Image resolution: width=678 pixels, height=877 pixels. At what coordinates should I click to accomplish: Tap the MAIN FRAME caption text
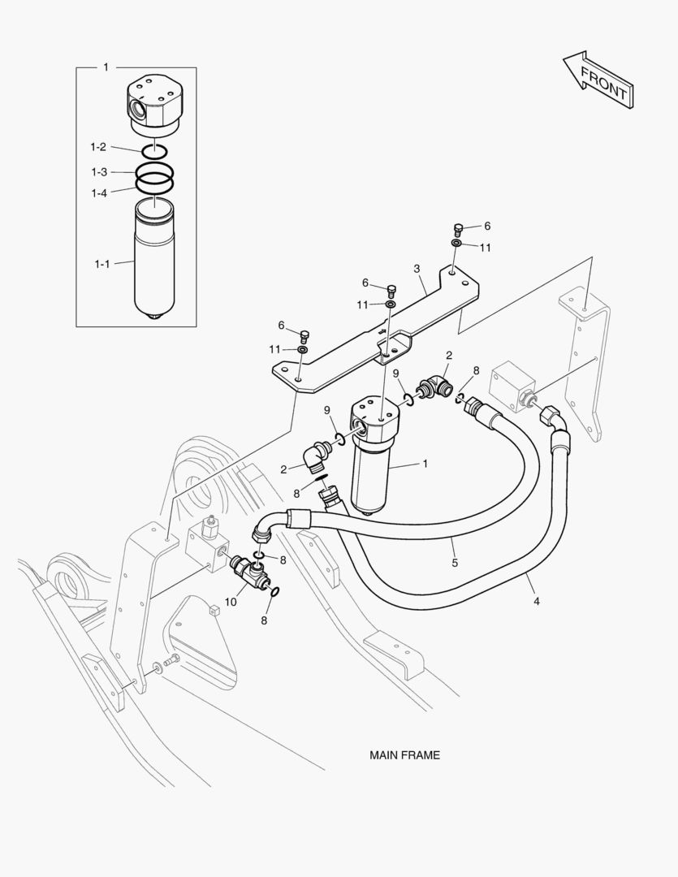404,755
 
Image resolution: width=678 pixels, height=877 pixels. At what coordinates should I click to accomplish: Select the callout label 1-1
101,264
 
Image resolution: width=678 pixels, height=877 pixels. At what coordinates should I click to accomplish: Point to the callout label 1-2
97,147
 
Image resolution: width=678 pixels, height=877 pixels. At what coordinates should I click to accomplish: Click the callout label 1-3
98,172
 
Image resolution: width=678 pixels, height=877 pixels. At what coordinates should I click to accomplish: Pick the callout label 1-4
98,192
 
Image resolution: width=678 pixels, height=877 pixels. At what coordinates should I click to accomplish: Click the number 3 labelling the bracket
417,269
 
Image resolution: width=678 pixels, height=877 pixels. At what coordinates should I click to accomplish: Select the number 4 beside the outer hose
537,602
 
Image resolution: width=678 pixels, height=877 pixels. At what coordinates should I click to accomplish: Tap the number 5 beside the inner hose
455,561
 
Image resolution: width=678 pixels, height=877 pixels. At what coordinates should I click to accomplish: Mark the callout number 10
231,602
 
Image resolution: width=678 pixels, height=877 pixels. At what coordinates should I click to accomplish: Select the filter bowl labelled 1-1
154,260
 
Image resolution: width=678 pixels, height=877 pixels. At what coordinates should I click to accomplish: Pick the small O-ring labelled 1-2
154,151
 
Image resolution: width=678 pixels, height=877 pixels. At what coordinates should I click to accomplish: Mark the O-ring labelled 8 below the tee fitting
274,592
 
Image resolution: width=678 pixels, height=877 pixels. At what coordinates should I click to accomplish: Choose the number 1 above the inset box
106,67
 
